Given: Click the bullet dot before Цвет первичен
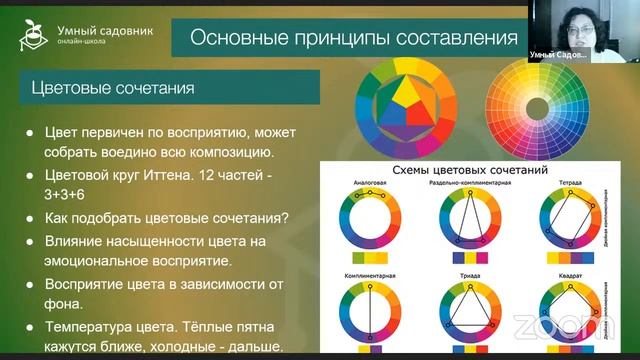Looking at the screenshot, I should coord(31,132).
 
